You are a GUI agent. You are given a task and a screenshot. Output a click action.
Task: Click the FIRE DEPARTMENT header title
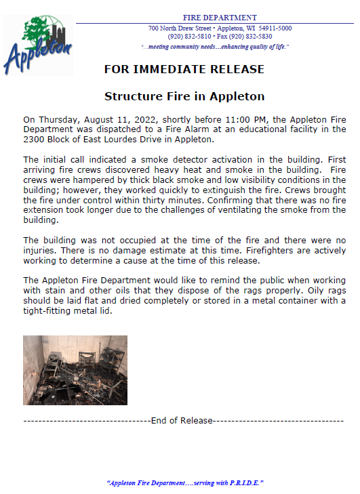[x=220, y=17]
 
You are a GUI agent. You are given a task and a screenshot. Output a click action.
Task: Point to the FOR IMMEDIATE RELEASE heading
[x=184, y=70]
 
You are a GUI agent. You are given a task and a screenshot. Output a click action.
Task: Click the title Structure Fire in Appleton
[x=184, y=96]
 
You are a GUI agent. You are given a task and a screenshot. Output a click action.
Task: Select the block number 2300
[x=35, y=140]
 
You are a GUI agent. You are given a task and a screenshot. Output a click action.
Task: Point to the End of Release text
[x=182, y=421]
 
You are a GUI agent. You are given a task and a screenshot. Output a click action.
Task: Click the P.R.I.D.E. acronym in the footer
[x=243, y=482]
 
